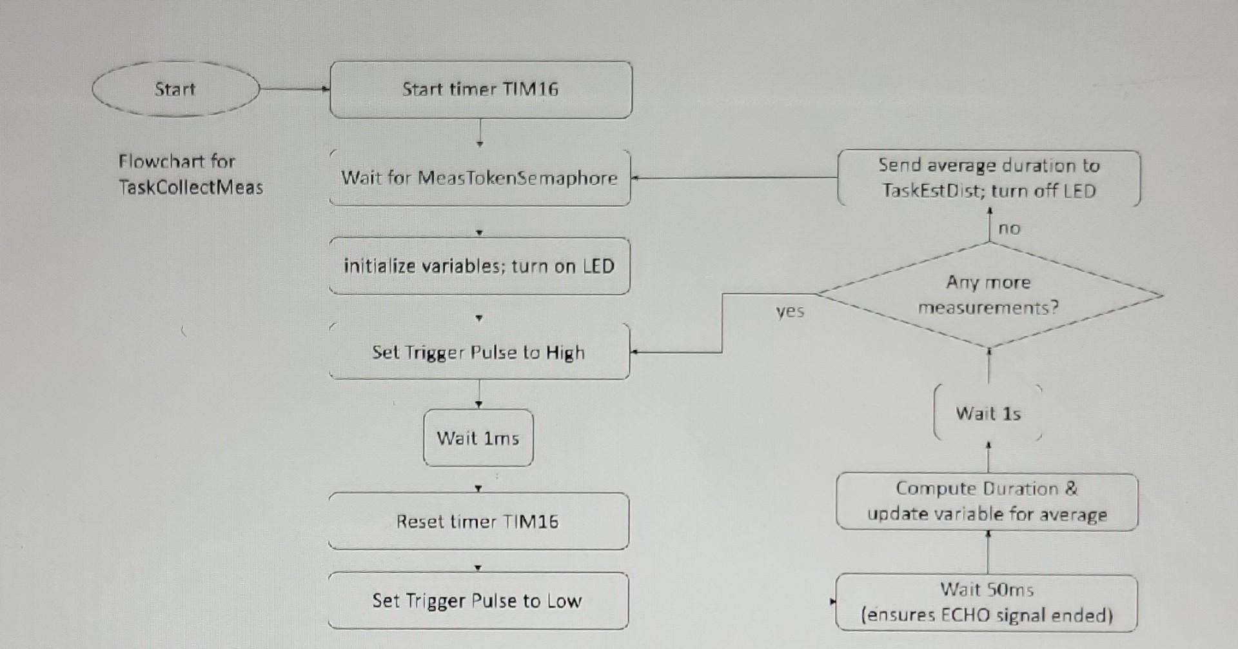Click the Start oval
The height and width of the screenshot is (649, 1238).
175,89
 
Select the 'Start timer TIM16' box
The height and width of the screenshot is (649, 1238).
480,89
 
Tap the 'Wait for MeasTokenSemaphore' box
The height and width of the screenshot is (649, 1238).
479,177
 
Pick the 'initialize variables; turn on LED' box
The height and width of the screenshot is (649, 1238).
479,266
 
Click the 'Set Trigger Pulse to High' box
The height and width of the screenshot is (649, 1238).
478,352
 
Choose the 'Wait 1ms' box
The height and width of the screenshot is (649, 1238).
478,438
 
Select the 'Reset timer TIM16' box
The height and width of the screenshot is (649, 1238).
478,521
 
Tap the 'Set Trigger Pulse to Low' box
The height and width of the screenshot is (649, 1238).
478,601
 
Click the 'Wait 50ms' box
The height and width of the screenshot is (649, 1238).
987,603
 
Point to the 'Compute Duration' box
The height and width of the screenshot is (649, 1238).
987,501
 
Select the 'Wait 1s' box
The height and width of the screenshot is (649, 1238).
988,413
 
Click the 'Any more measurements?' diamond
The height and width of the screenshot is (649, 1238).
988,295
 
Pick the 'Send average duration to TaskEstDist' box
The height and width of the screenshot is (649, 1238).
988,178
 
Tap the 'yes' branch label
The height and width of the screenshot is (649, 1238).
790,311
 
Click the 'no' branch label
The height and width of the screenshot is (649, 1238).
1009,228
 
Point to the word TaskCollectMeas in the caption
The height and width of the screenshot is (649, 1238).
191,188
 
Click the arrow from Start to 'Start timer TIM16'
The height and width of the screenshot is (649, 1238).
294,89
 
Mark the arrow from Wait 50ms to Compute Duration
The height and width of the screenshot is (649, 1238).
988,553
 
